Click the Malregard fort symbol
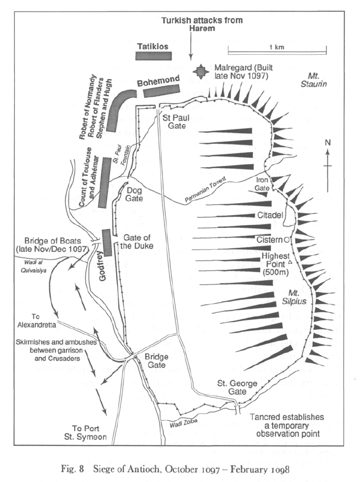(200, 71)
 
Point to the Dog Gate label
(135, 194)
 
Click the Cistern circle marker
(286, 240)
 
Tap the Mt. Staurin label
(316, 79)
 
